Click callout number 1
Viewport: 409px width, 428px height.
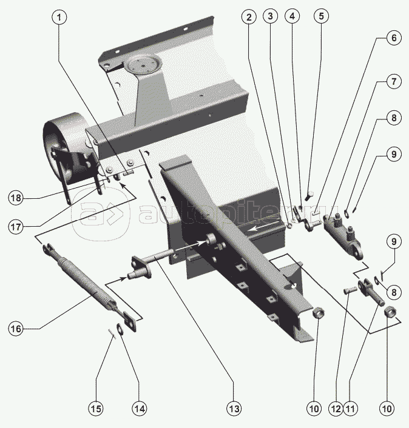tap(59, 18)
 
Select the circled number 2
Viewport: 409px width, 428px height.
tap(248, 18)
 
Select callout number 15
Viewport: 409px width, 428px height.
tap(96, 409)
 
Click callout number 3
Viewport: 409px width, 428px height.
tap(271, 18)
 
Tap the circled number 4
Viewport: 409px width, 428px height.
tap(293, 18)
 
